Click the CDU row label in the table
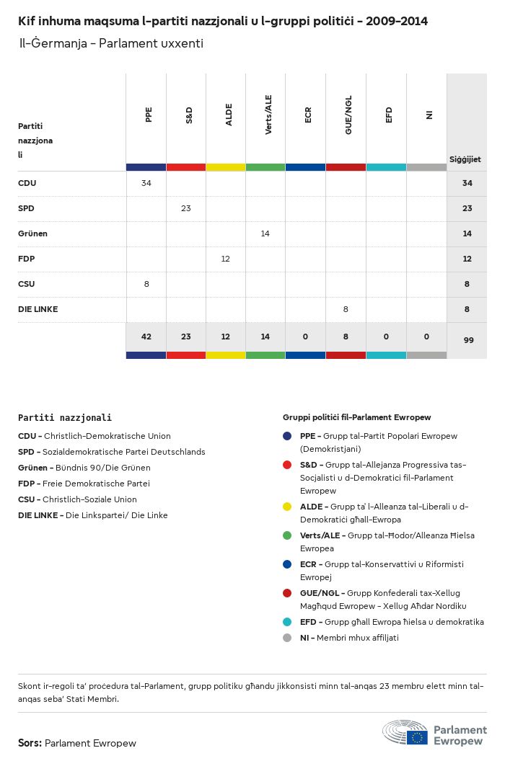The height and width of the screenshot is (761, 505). [27, 183]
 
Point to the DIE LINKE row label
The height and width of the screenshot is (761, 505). [38, 309]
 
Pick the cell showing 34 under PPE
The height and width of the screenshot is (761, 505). [146, 183]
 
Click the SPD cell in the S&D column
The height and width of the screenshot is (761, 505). [186, 208]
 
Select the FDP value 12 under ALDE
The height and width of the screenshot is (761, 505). [226, 259]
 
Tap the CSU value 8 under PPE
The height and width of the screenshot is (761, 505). [146, 284]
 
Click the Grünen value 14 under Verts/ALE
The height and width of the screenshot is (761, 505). [265, 233]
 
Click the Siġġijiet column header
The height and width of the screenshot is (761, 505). [465, 159]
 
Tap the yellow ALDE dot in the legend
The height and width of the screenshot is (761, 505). [287, 507]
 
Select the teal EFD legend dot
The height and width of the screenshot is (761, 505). [287, 622]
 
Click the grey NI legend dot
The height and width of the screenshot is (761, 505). [287, 638]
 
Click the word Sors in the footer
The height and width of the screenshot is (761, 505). [29, 743]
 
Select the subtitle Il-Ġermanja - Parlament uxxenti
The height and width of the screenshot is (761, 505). [111, 43]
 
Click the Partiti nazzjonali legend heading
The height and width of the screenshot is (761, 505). [65, 417]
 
